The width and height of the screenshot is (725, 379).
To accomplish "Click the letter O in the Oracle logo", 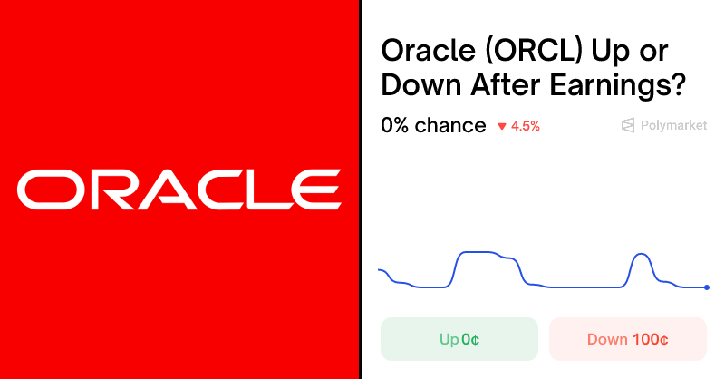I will (x=48, y=189).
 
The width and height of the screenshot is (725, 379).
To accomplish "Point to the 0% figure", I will (x=395, y=126).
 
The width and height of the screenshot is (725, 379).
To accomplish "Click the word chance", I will (x=450, y=126).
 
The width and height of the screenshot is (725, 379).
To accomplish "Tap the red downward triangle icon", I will (x=501, y=127).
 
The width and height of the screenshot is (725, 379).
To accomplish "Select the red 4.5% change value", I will (x=526, y=126).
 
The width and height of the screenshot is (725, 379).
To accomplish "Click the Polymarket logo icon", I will (x=627, y=126).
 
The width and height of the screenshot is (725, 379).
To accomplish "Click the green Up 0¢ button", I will (x=459, y=339).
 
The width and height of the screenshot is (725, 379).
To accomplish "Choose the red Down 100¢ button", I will (x=627, y=339).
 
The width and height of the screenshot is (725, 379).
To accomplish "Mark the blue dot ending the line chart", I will (x=707, y=287).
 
